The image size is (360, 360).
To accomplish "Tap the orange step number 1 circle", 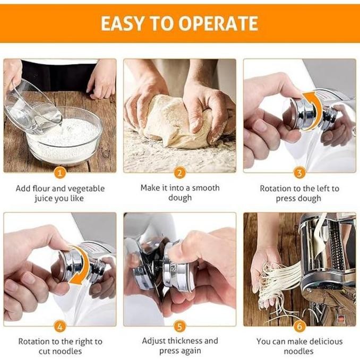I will tap(60, 173).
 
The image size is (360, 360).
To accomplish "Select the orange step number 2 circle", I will tap(180, 173).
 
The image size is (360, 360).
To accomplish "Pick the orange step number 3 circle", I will tap(299, 173).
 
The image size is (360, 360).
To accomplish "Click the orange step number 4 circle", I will tap(60, 325).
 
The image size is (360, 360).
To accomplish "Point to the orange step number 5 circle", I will tap(180, 325).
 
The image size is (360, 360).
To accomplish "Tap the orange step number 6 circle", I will tap(299, 325).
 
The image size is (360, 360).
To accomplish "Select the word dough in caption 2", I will tap(180, 198).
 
